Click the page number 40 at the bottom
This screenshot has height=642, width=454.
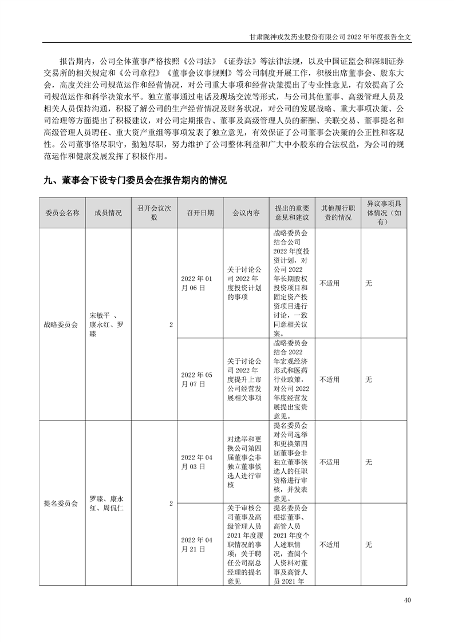pyautogui.click(x=407, y=600)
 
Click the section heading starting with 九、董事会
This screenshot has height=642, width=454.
pyautogui.click(x=135, y=180)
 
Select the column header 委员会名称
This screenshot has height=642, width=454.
pyautogui.click(x=62, y=212)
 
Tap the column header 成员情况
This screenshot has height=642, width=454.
pyautogui.click(x=108, y=212)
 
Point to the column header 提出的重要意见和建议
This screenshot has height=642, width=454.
pyautogui.click(x=291, y=212)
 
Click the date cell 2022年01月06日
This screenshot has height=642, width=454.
pyautogui.click(x=196, y=283)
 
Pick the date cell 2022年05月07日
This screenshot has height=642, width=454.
pyautogui.click(x=196, y=379)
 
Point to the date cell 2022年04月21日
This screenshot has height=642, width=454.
pyautogui.click(x=196, y=545)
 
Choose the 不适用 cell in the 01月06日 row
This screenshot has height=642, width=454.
pyautogui.click(x=330, y=283)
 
